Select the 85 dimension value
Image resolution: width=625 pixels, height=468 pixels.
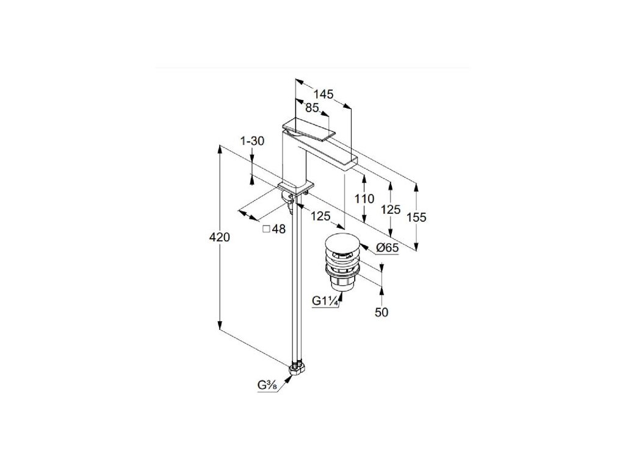312,108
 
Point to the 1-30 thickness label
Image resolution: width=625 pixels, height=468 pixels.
252,141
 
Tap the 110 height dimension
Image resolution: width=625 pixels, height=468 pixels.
364,199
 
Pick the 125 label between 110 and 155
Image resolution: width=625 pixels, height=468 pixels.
391,209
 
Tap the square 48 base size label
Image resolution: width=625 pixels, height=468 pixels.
274,229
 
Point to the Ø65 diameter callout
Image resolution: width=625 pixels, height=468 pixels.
387,247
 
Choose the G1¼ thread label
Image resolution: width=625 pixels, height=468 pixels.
324,300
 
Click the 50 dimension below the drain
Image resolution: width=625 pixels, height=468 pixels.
381,312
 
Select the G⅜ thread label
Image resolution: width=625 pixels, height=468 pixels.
268,385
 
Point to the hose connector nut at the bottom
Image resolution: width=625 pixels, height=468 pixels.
297,369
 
